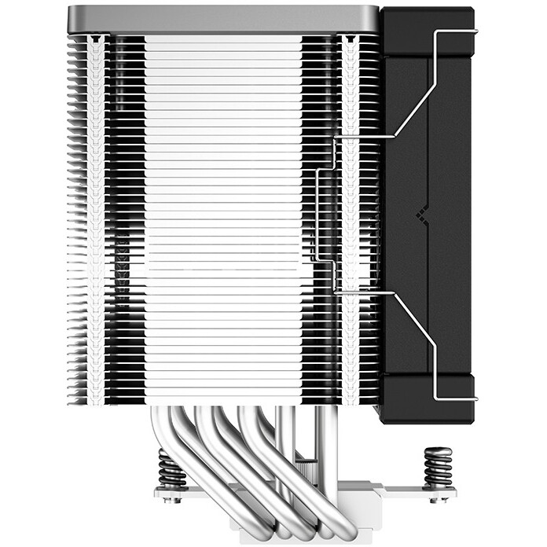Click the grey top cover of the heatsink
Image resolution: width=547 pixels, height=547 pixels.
point(224,20)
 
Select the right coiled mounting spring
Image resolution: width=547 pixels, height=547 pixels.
point(438,468)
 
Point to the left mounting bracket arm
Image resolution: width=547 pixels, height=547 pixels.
point(196,496)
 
